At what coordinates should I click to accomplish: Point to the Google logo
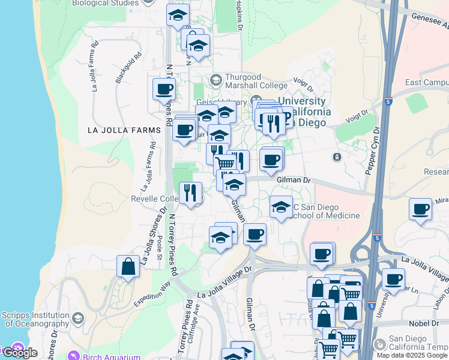(19, 353)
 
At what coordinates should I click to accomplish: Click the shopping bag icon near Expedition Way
(128, 266)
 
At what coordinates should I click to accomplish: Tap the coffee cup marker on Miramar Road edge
(421, 209)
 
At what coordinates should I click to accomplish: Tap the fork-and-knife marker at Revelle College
(190, 193)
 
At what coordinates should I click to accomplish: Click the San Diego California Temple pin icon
(379, 344)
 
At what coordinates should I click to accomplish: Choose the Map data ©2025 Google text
(412, 355)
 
